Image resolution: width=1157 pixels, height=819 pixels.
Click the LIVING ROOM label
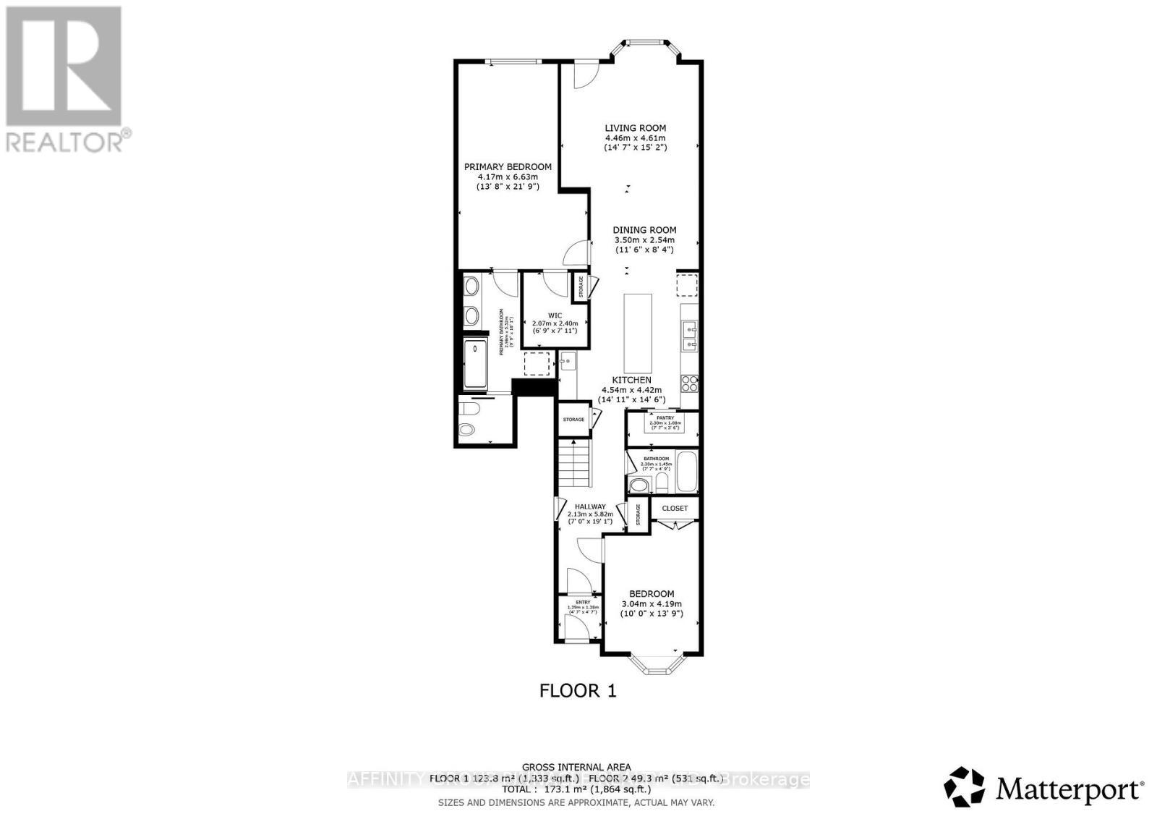(635, 128)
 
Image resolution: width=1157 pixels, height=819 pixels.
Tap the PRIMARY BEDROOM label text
(508, 167)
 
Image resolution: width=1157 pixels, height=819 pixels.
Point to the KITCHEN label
(631, 380)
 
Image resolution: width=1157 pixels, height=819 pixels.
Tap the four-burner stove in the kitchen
(689, 383)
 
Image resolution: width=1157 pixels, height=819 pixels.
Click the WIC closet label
(555, 315)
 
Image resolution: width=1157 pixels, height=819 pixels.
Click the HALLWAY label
(590, 507)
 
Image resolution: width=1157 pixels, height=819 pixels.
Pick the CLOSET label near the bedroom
(675, 508)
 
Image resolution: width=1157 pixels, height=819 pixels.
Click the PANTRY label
(665, 417)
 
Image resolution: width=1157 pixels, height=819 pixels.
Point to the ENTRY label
(583, 602)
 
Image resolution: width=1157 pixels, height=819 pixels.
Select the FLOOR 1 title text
(578, 691)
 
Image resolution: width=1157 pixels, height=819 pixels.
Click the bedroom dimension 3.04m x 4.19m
(652, 604)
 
